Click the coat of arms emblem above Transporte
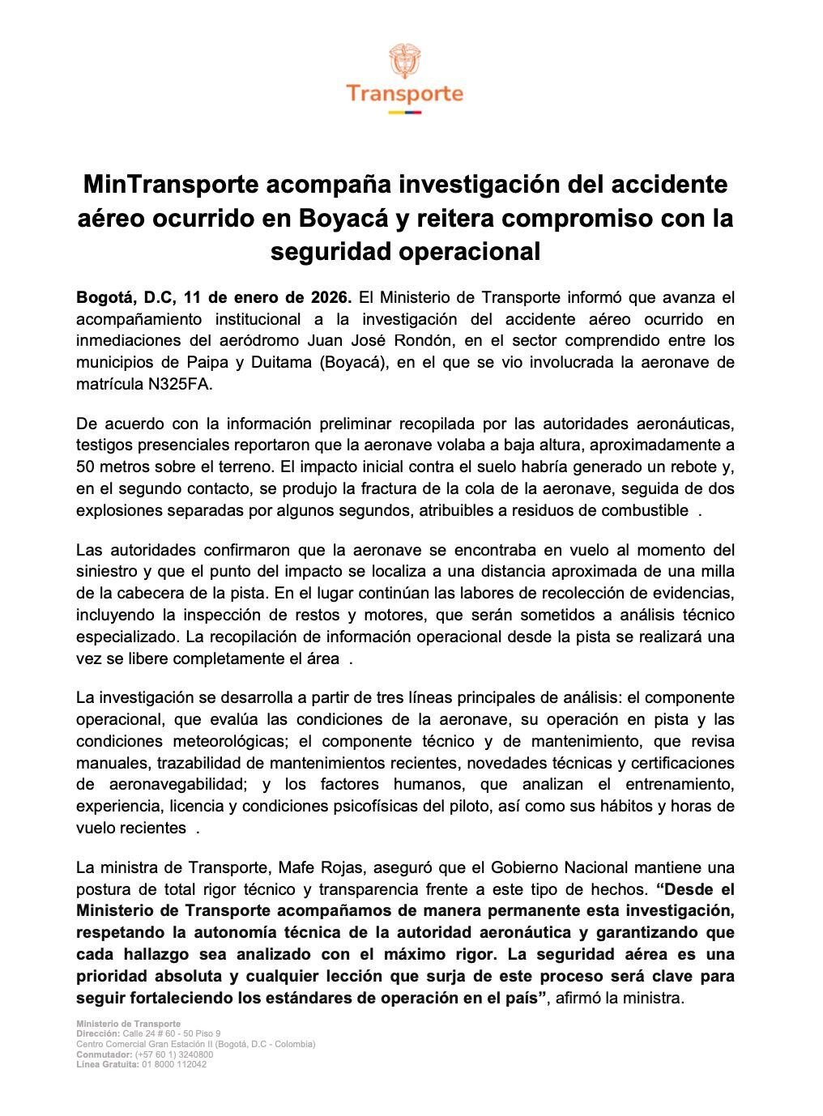[405, 61]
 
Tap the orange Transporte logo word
[405, 94]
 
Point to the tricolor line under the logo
[405, 112]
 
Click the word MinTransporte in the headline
[169, 185]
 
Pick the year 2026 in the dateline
[330, 296]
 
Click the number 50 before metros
[85, 466]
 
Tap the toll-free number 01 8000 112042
[174, 1064]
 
